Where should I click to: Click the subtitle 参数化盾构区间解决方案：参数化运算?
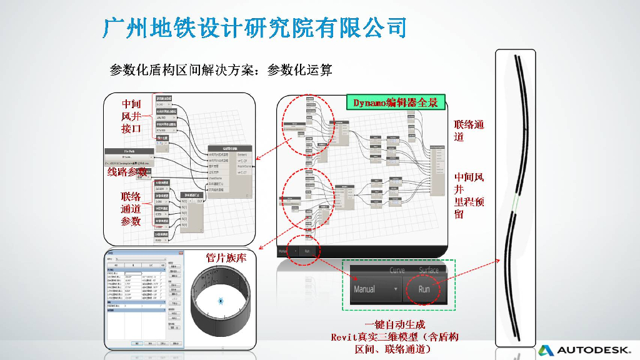coord(221,69)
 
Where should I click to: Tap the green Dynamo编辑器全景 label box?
coord(395,102)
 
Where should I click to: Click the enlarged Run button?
coord(424,289)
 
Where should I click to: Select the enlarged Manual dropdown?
coord(375,289)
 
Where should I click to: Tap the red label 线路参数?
coord(126,172)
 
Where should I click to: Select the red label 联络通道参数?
coord(131,208)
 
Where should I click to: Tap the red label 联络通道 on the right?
coord(469,131)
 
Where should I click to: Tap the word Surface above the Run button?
coord(428,271)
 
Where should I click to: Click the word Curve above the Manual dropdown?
coord(397,271)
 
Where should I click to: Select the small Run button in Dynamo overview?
coord(307,251)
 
